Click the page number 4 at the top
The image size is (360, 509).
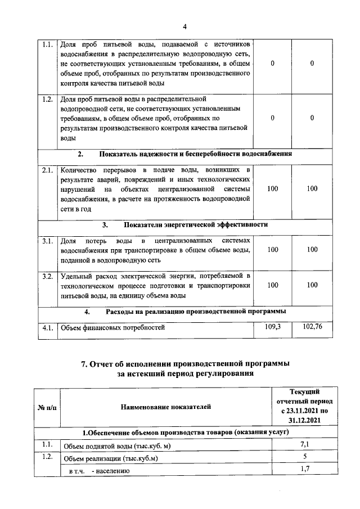click(x=184, y=26)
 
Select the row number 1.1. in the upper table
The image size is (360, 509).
click(x=48, y=43)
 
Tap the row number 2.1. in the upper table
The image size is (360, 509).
click(x=48, y=169)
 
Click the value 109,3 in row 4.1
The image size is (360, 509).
click(x=273, y=326)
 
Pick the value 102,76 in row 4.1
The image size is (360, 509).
click(x=312, y=326)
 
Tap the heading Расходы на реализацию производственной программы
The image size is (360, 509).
click(x=195, y=311)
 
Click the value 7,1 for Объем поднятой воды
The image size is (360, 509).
click(x=304, y=445)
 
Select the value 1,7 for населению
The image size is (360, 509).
click(x=304, y=469)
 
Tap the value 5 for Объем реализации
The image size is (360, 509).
click(x=304, y=457)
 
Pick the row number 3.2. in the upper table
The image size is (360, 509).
click(x=48, y=276)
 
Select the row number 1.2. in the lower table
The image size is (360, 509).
click(x=48, y=457)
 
